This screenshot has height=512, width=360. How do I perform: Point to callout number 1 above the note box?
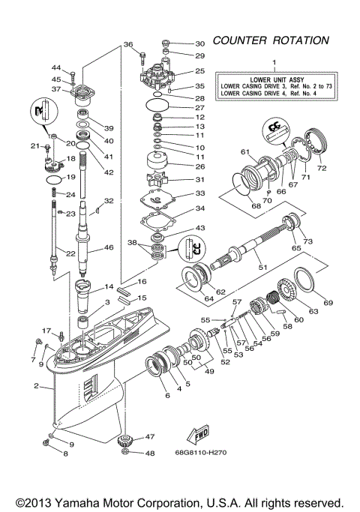[x=274, y=62]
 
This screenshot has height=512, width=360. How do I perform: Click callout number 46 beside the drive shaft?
[x=108, y=247]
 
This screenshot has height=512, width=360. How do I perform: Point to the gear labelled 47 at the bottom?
[x=127, y=440]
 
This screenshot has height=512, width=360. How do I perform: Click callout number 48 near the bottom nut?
[x=149, y=454]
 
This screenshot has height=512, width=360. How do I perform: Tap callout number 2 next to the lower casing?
[x=35, y=386]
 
